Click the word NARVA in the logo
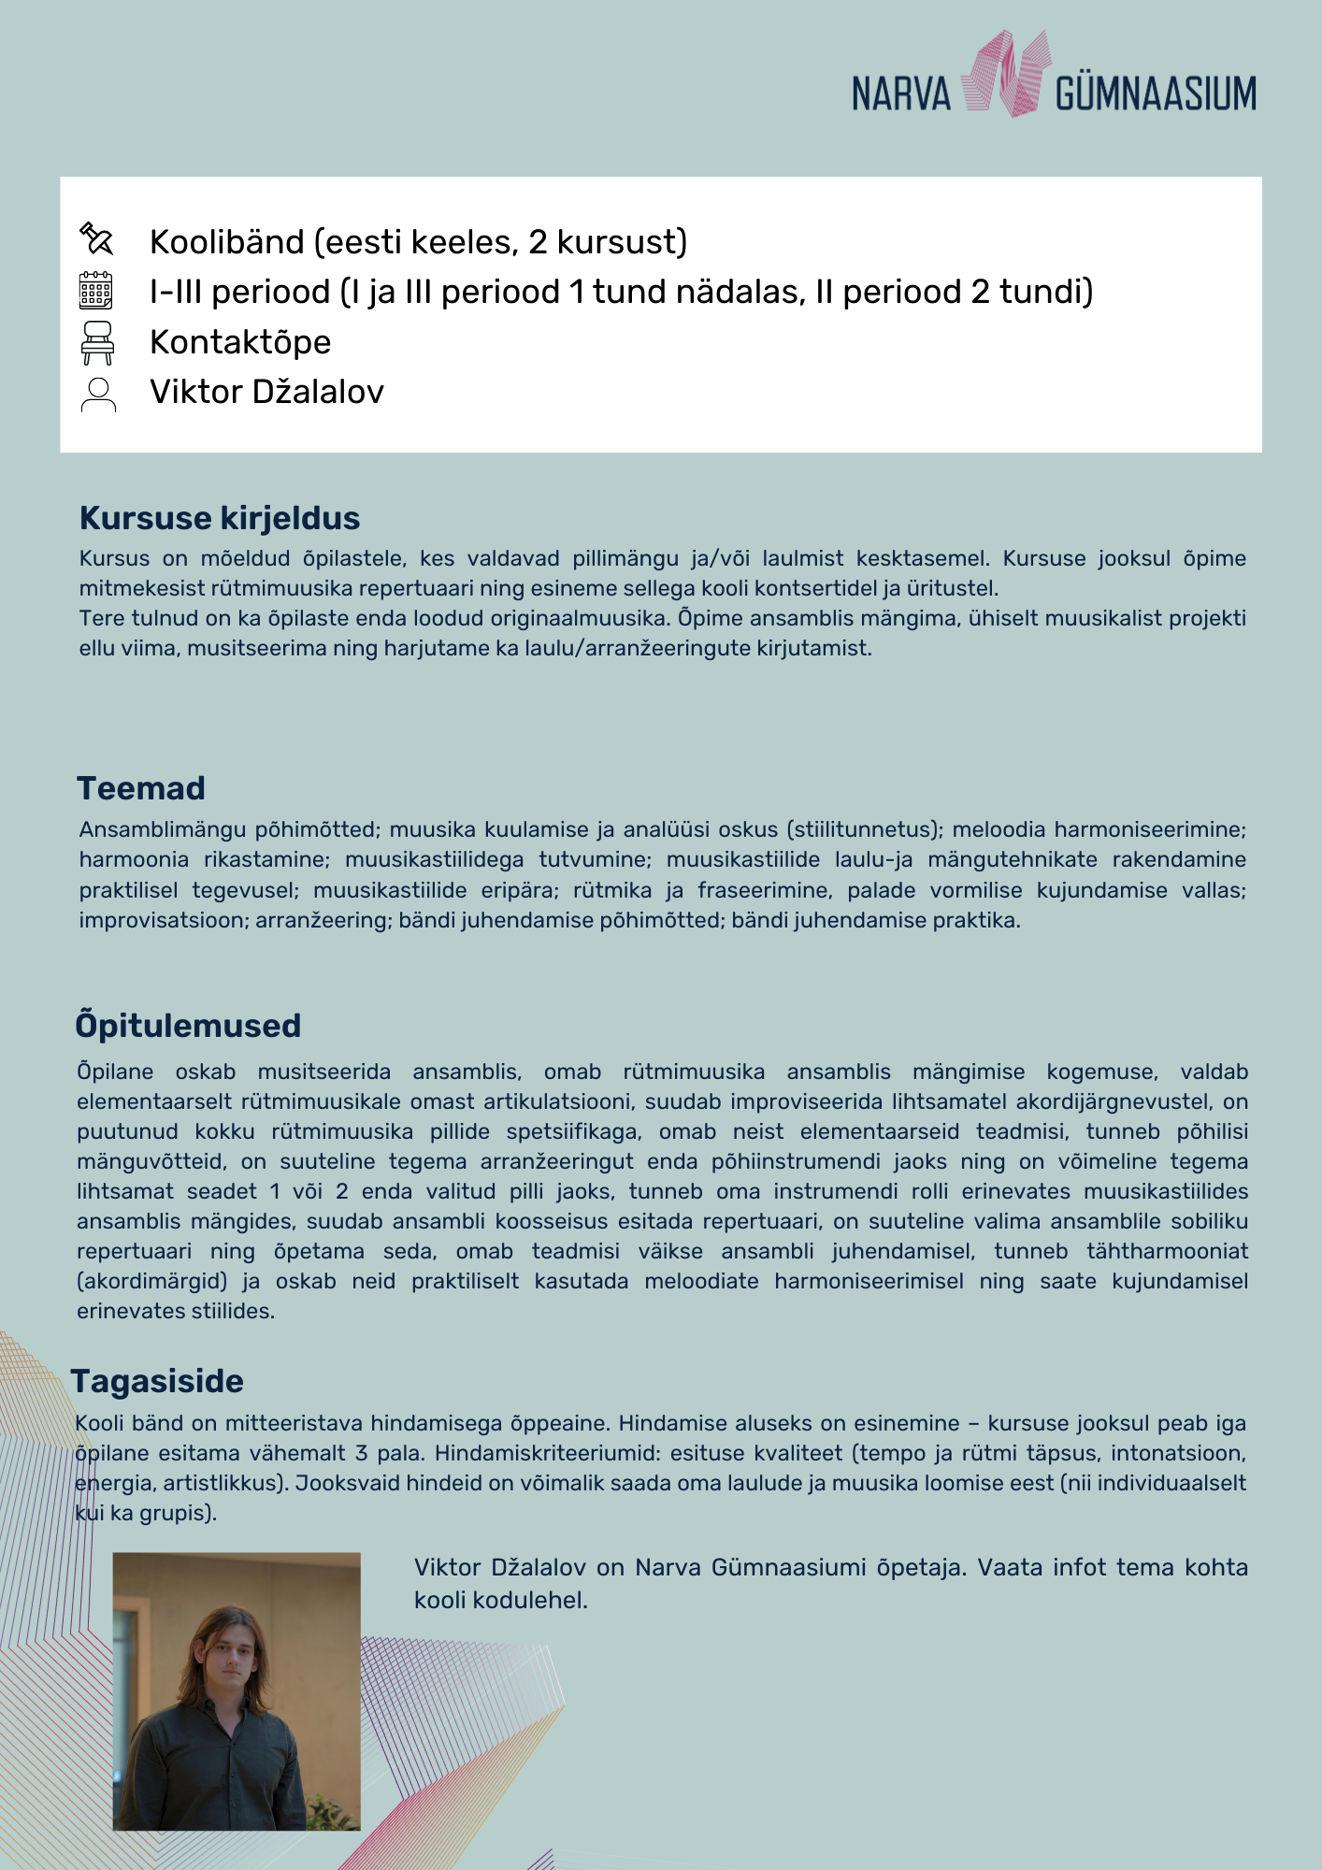point(900,94)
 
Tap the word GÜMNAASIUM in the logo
point(1156,94)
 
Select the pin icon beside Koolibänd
point(96,239)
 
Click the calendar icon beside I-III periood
point(96,291)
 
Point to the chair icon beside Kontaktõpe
point(97,342)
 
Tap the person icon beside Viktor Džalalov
point(98,394)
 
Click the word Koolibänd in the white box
point(227,242)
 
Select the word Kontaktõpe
point(240,342)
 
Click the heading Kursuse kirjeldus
point(220,518)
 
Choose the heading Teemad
point(141,788)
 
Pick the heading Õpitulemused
point(188,1026)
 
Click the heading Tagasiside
point(157,1381)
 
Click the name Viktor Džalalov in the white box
point(266,392)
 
